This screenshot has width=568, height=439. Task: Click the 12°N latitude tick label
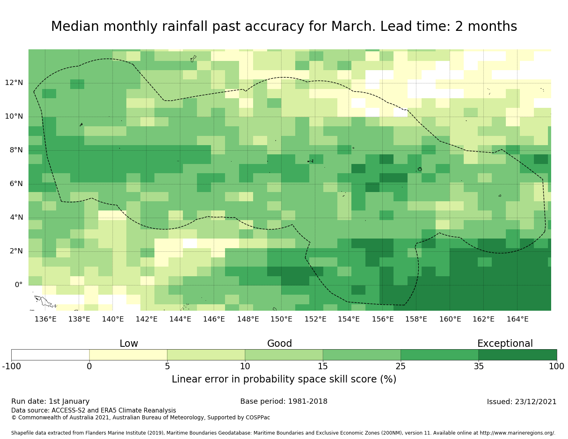coord(14,83)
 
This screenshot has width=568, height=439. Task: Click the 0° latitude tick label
coord(18,285)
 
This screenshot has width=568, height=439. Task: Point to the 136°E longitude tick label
coord(45,319)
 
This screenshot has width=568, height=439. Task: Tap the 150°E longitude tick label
coord(281,319)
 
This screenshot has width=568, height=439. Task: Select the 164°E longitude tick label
coord(517,319)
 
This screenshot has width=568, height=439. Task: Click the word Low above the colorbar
coord(129,344)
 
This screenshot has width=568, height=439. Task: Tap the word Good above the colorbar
coord(280,344)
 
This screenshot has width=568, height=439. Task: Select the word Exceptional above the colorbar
coord(505,344)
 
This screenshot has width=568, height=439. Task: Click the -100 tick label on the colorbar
coord(11,366)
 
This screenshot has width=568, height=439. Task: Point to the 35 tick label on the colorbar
coord(479,366)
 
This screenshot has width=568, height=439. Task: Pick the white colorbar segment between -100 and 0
coord(50,355)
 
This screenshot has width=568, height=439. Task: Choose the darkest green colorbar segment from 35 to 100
coord(517,355)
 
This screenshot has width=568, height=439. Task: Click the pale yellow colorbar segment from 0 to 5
coord(128,355)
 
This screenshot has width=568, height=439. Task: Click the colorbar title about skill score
coord(284,379)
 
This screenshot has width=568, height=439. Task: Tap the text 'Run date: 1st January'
coord(51,401)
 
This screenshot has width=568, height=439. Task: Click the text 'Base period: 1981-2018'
coord(284,401)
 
